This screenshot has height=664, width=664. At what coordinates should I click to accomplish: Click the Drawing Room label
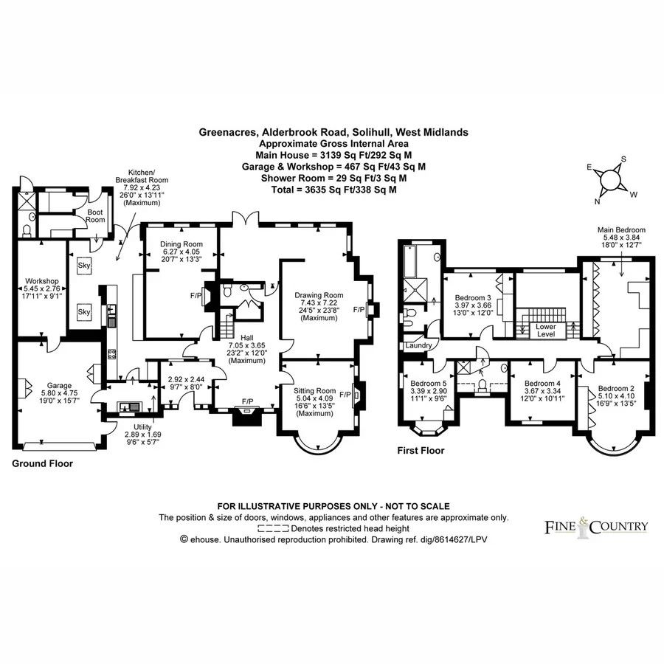pyautogui.click(x=319, y=295)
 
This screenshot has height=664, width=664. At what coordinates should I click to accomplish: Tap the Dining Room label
pyautogui.click(x=181, y=244)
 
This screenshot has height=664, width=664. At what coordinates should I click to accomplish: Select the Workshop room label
pyautogui.click(x=42, y=281)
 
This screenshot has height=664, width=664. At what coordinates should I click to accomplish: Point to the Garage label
pyautogui.click(x=59, y=386)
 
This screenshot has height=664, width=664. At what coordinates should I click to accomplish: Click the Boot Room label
pyautogui.click(x=95, y=216)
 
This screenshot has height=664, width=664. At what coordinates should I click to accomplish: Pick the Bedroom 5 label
pyautogui.click(x=429, y=384)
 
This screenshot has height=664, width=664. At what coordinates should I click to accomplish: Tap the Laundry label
pyautogui.click(x=418, y=345)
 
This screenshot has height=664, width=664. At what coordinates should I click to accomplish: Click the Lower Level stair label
pyautogui.click(x=546, y=331)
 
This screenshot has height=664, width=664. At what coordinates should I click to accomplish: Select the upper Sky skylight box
pyautogui.click(x=84, y=266)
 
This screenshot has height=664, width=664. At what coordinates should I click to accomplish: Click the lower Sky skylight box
pyautogui.click(x=84, y=311)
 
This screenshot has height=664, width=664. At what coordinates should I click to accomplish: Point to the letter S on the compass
pyautogui.click(x=623, y=159)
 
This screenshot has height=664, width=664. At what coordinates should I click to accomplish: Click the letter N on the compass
pyautogui.click(x=597, y=201)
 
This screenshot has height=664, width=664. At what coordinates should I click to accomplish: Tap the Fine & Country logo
pyautogui.click(x=596, y=527)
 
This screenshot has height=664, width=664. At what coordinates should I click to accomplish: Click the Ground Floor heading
pyautogui.click(x=42, y=464)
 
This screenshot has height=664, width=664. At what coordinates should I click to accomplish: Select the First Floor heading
pyautogui.click(x=421, y=451)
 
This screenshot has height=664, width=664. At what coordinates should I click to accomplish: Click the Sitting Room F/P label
pyautogui.click(x=345, y=395)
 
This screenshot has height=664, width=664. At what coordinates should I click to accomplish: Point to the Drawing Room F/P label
pyautogui.click(x=359, y=310)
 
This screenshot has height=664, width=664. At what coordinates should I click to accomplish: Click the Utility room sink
pyautogui.click(x=130, y=407)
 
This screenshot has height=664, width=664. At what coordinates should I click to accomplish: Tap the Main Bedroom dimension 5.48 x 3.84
pyautogui.click(x=622, y=238)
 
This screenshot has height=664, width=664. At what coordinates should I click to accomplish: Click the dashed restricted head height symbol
pyautogui.click(x=273, y=528)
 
